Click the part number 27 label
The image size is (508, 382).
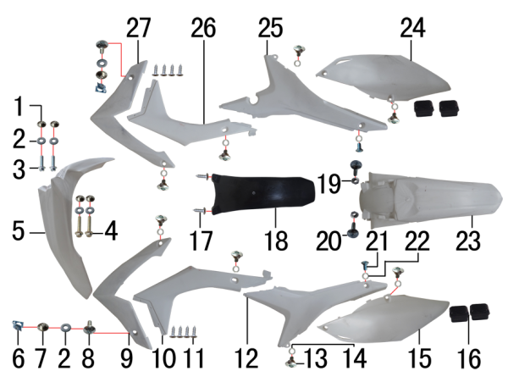(x=138, y=28)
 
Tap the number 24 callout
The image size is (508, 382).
(x=412, y=28)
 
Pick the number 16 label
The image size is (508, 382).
(x=469, y=358)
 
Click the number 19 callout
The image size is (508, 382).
(x=329, y=184)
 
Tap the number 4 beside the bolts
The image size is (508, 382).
(x=111, y=232)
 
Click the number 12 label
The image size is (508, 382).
(x=247, y=358)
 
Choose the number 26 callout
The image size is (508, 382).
(x=203, y=28)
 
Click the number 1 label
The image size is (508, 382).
(x=19, y=106)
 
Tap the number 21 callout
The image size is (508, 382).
(x=377, y=241)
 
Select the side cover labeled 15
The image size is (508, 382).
(x=383, y=318)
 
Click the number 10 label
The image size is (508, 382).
(x=163, y=358)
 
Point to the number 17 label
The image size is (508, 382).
(x=202, y=241)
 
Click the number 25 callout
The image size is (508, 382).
(x=270, y=28)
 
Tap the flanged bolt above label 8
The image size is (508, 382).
(x=89, y=329)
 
